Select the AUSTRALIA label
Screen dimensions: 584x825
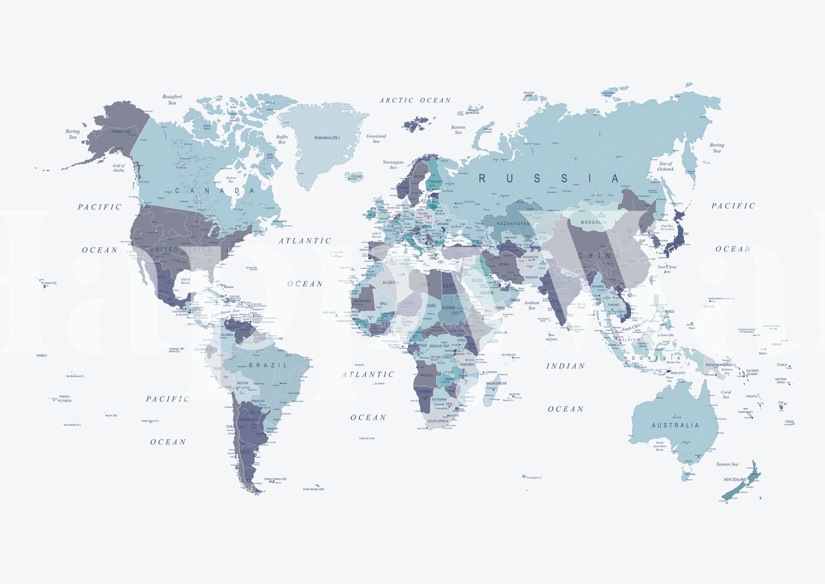pyautogui.click(x=675, y=425)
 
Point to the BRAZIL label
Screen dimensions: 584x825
pyautogui.click(x=268, y=365)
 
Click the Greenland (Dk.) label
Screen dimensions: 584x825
pyautogui.click(x=327, y=138)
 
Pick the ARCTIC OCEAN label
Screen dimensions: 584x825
pyautogui.click(x=415, y=100)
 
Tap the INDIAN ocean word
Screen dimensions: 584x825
pyautogui.click(x=566, y=366)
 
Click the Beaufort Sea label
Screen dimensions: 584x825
pyautogui.click(x=172, y=99)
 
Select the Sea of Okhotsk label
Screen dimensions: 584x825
pyautogui.click(x=665, y=166)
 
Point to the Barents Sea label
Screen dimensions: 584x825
pyautogui.click(x=458, y=130)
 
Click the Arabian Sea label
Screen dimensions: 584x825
pyautogui.click(x=531, y=305)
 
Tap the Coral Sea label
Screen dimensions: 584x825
pyautogui.click(x=726, y=394)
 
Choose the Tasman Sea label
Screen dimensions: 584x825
pyautogui.click(x=726, y=464)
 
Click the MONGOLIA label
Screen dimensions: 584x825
pyautogui.click(x=593, y=222)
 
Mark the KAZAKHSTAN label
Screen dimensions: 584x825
pyautogui.click(x=514, y=224)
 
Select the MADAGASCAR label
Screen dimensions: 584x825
pyautogui.click(x=496, y=383)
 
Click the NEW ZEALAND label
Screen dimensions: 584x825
pyautogui.click(x=735, y=480)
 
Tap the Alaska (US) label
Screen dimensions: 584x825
pyautogui.click(x=121, y=131)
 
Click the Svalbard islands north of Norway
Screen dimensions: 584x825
pyautogui.click(x=417, y=124)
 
